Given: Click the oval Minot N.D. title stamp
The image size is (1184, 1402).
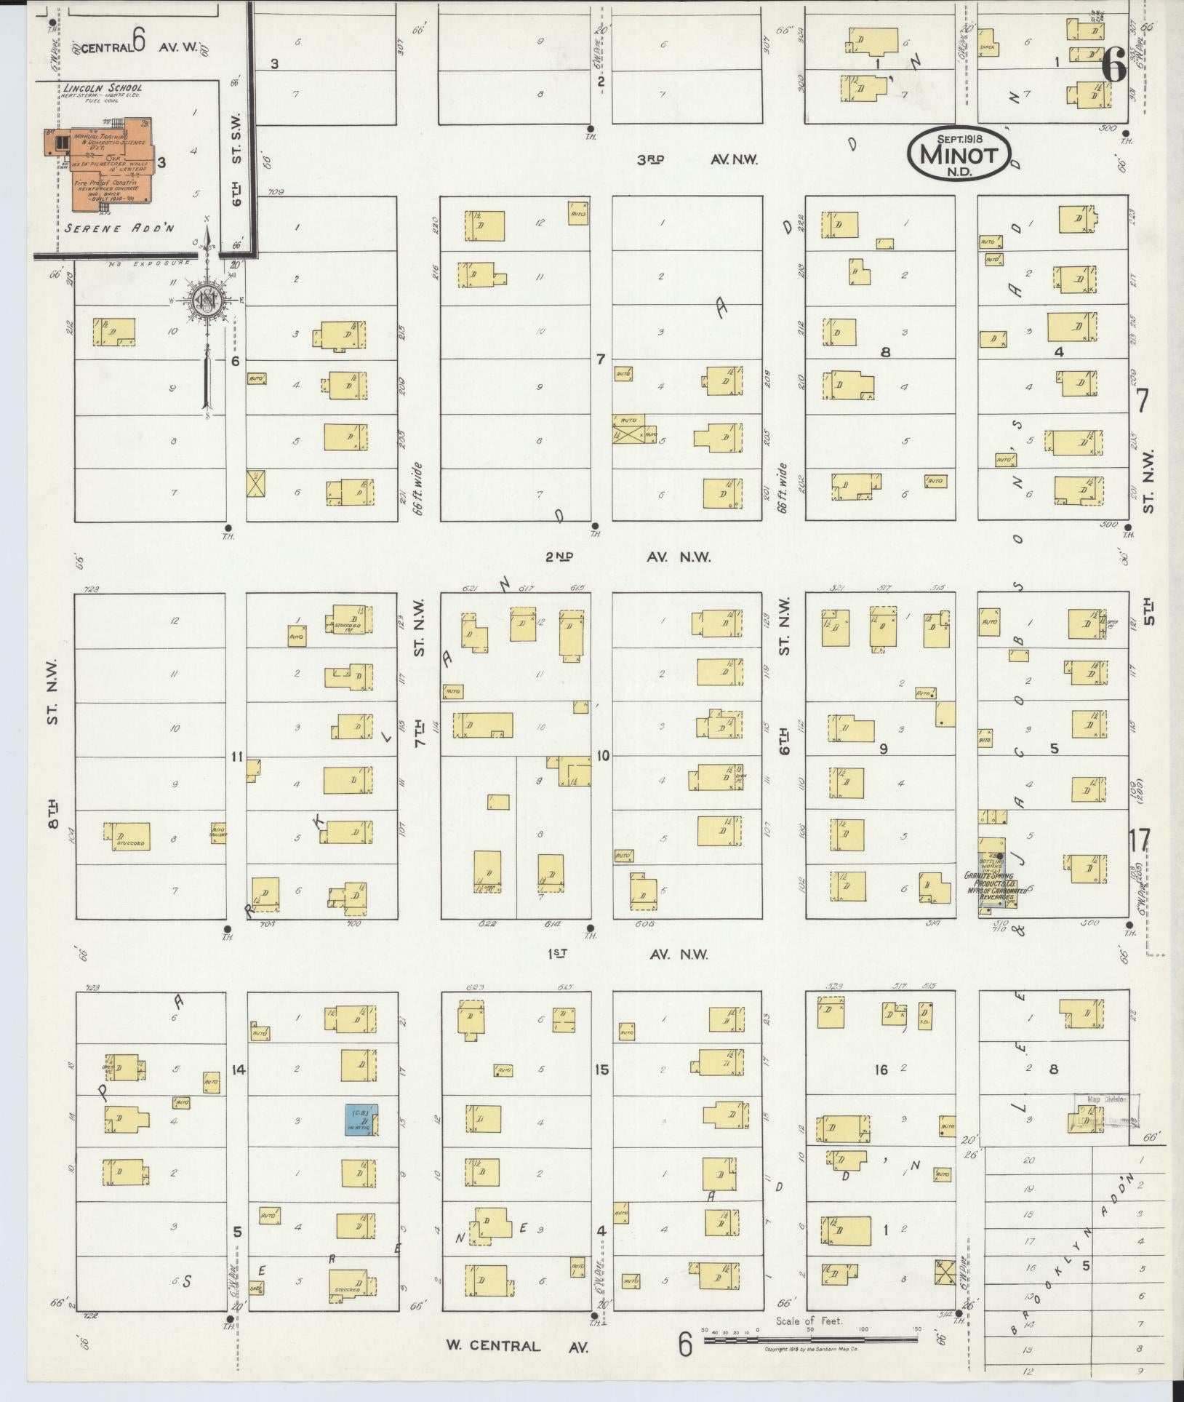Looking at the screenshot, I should coord(960,155).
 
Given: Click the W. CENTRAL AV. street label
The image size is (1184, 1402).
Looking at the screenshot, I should coord(516,1345).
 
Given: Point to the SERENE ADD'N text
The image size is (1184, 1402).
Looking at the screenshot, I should coord(119,228).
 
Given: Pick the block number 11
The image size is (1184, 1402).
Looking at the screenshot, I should coord(236,757).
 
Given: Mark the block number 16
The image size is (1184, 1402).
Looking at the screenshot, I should coord(881,1070).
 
